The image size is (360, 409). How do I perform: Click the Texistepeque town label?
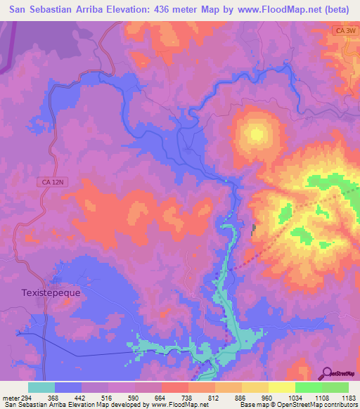tap(51, 292)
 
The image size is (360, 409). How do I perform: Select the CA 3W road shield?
tap(341, 31)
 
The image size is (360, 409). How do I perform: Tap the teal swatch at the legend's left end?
tap(41, 387)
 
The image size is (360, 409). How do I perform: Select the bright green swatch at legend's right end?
tap(335, 387)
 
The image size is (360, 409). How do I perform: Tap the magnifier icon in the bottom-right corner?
tap(326, 372)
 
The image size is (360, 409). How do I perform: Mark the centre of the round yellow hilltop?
tap(255, 133)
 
